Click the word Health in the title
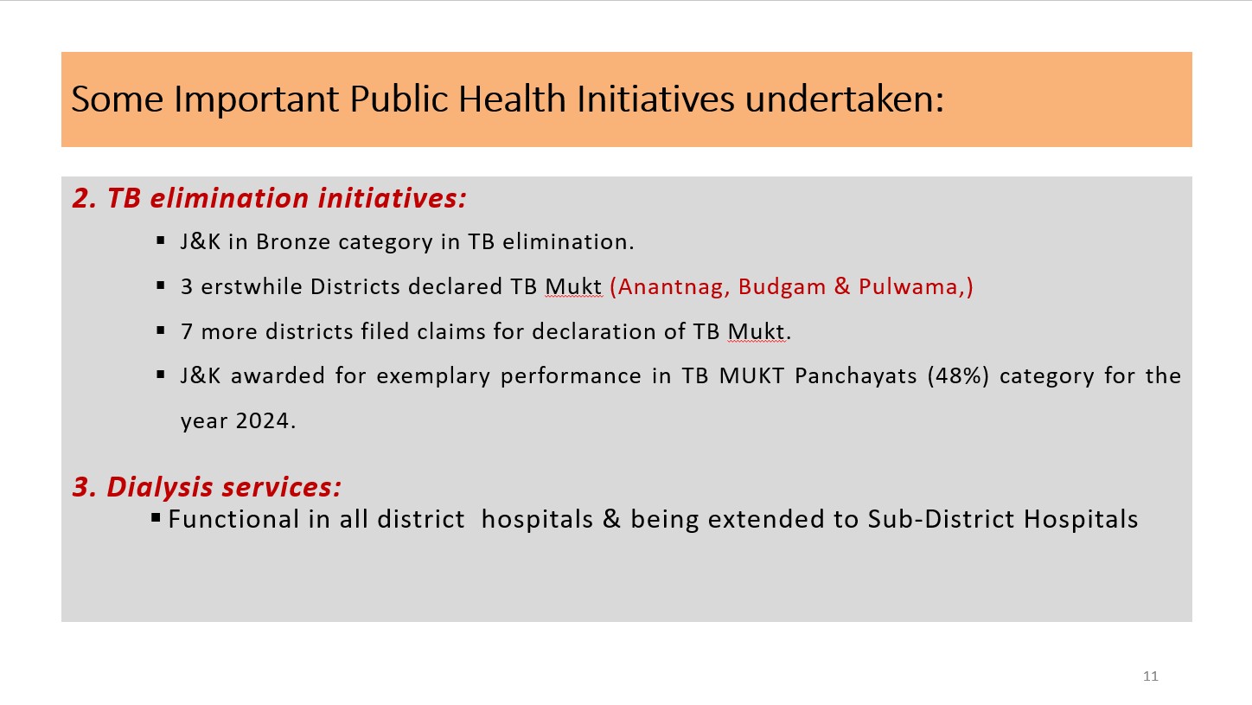tap(512, 99)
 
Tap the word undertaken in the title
tap(844, 99)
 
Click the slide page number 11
tap(1150, 676)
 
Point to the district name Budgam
tap(782, 287)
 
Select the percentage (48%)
tap(958, 375)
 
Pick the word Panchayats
tap(856, 376)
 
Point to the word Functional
tap(233, 519)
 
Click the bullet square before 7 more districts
tap(161, 330)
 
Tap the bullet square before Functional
tap(156, 517)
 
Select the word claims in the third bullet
tap(451, 331)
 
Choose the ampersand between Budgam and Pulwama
tap(842, 287)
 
